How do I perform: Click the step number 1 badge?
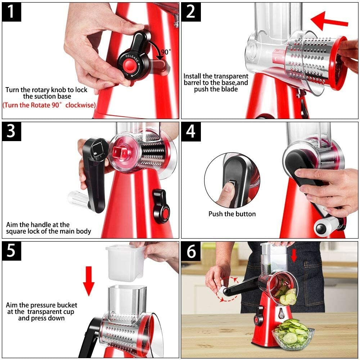(x=12, y=12)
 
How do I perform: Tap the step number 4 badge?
(x=191, y=131)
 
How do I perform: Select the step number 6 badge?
(x=191, y=251)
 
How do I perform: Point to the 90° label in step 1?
(x=166, y=52)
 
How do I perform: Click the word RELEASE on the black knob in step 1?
(x=132, y=58)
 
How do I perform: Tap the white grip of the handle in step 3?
(x=77, y=198)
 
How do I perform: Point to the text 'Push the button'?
(x=232, y=214)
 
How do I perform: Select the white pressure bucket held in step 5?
(x=125, y=263)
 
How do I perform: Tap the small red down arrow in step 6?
(x=294, y=256)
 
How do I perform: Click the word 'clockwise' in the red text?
(x=80, y=105)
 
